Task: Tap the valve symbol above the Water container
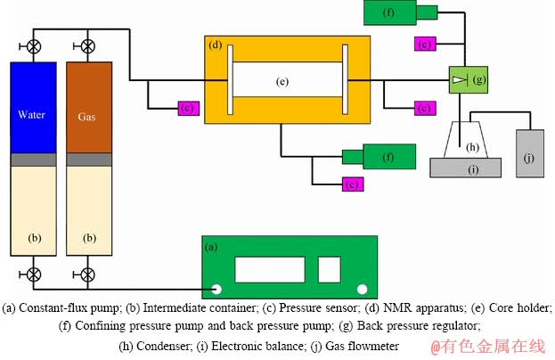coord(35,45)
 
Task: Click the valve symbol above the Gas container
coord(88,45)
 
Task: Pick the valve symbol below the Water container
coord(35,272)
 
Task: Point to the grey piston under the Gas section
coord(88,159)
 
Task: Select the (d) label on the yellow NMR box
coord(215,45)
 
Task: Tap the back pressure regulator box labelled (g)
coord(466,80)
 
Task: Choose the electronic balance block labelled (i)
coord(465,167)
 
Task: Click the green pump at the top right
coord(401,12)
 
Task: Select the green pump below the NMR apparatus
coord(374,158)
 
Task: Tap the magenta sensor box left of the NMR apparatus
coord(187,108)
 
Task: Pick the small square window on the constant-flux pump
coord(329,268)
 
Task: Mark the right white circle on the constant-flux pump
coord(363,289)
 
